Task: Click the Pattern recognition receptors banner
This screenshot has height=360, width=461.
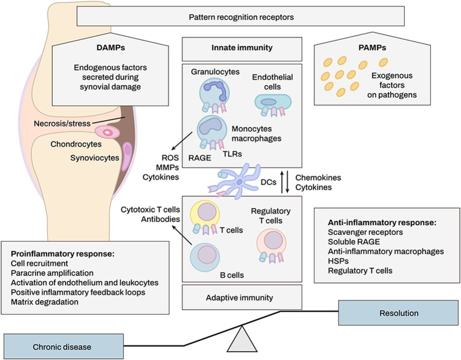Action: pyautogui.click(x=240, y=16)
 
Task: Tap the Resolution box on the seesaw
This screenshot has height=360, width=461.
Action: pyautogui.click(x=398, y=313)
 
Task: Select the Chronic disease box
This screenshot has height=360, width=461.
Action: pyautogui.click(x=64, y=347)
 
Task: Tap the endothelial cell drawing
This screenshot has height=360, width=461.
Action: pyautogui.click(x=273, y=105)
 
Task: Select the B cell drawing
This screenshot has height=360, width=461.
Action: pyautogui.click(x=205, y=257)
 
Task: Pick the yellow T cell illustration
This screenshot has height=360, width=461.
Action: pyautogui.click(x=205, y=216)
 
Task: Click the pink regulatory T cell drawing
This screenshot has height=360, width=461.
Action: pyautogui.click(x=272, y=245)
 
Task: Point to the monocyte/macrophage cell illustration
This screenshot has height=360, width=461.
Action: pyautogui.click(x=211, y=131)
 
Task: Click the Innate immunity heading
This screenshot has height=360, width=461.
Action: pyautogui.click(x=242, y=48)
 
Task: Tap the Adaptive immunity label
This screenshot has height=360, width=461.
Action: pyautogui.click(x=239, y=297)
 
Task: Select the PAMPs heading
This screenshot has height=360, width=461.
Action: pyautogui.click(x=372, y=48)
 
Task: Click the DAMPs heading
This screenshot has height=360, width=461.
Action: pyautogui.click(x=110, y=48)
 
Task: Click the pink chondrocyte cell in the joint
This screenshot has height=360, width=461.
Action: pyautogui.click(x=107, y=132)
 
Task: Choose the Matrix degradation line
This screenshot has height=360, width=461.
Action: pyautogui.click(x=44, y=302)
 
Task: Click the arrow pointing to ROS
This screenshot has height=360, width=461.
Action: pyautogui.click(x=183, y=141)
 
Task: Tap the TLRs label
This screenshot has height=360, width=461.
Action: pyautogui.click(x=232, y=153)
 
